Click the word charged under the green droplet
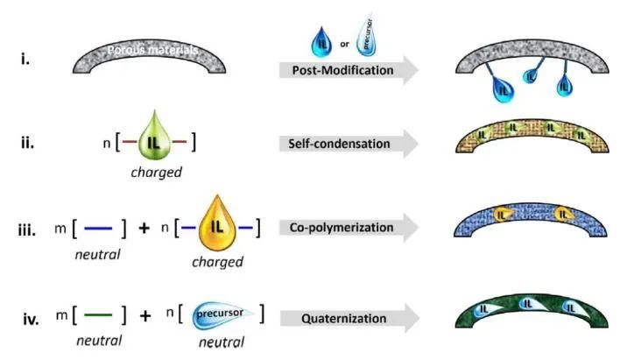[x=158, y=172]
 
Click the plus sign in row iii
[x=144, y=229]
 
